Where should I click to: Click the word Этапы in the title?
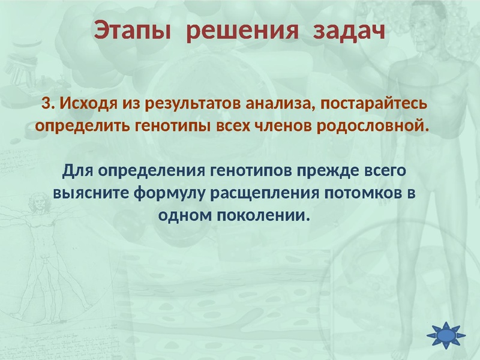(x=132, y=31)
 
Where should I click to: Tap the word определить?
(x=85, y=127)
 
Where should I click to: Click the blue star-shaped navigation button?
(x=446, y=335)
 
